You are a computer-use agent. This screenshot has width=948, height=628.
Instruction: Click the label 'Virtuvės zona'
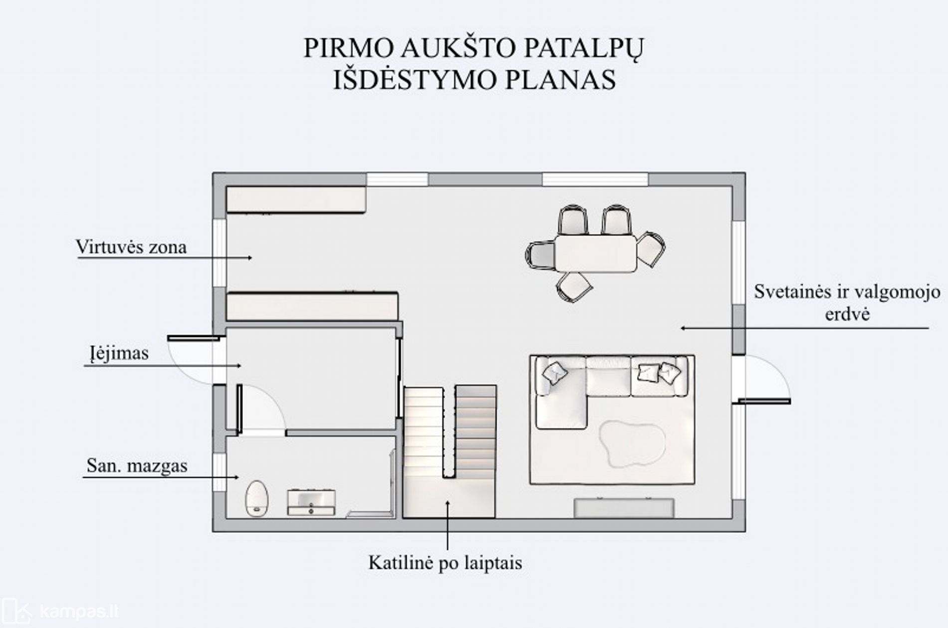point(131,247)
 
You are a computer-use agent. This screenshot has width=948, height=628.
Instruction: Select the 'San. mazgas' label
point(137,466)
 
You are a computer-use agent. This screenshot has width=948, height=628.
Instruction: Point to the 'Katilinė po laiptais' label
point(445,563)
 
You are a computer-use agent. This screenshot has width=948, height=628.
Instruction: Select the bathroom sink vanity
point(311,502)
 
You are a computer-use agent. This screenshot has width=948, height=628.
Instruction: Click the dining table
point(596,253)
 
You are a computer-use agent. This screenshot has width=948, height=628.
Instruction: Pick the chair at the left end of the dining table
point(540,254)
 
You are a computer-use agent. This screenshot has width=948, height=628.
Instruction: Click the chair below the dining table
point(574,287)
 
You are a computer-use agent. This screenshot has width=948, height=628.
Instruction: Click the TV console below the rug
point(624,508)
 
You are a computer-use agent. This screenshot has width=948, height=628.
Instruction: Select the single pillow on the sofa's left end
point(555,372)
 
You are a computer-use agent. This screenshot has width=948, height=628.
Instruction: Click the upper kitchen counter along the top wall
point(296,200)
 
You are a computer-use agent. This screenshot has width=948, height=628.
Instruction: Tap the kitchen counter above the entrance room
point(312,306)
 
